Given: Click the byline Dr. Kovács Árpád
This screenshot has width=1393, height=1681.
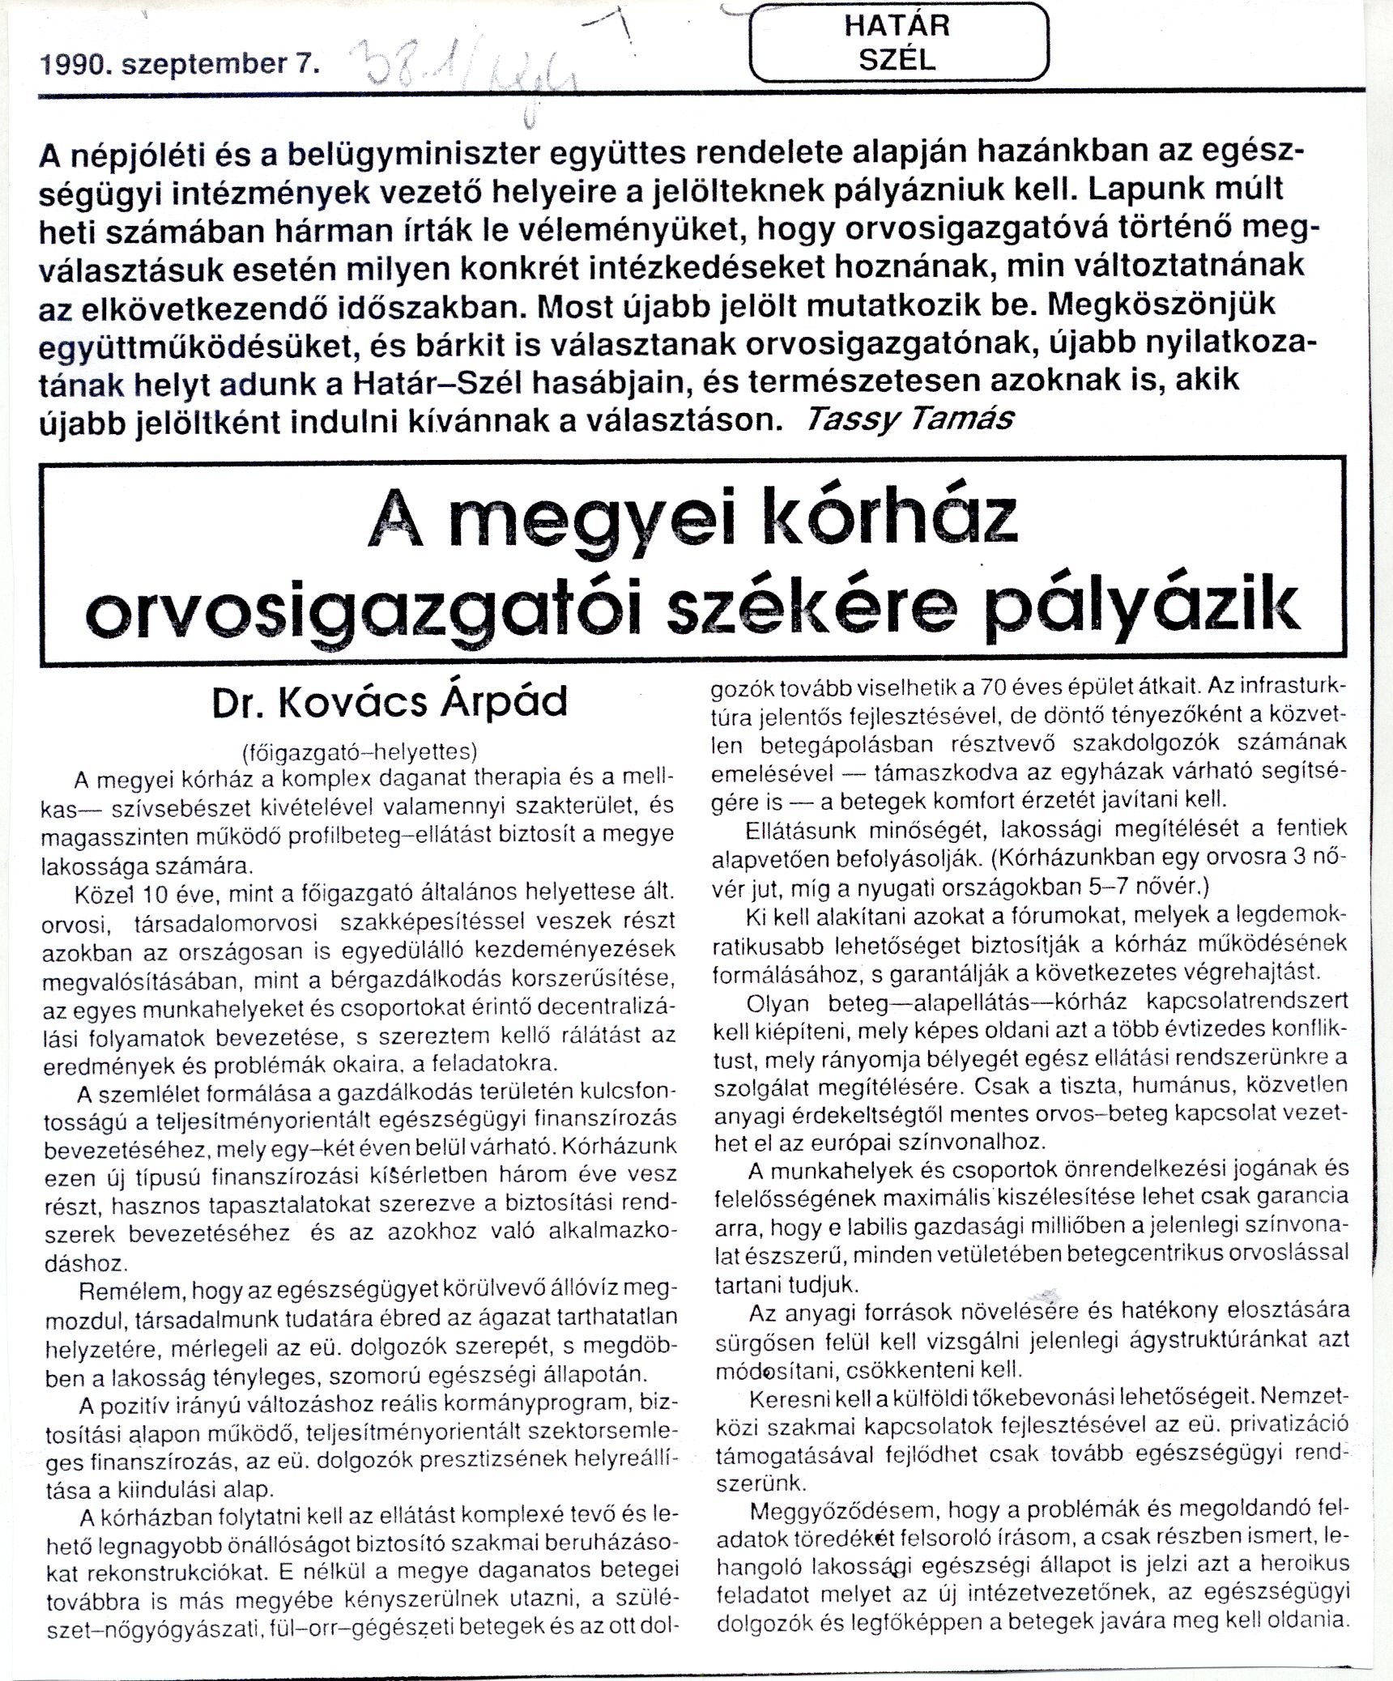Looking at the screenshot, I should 390,703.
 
